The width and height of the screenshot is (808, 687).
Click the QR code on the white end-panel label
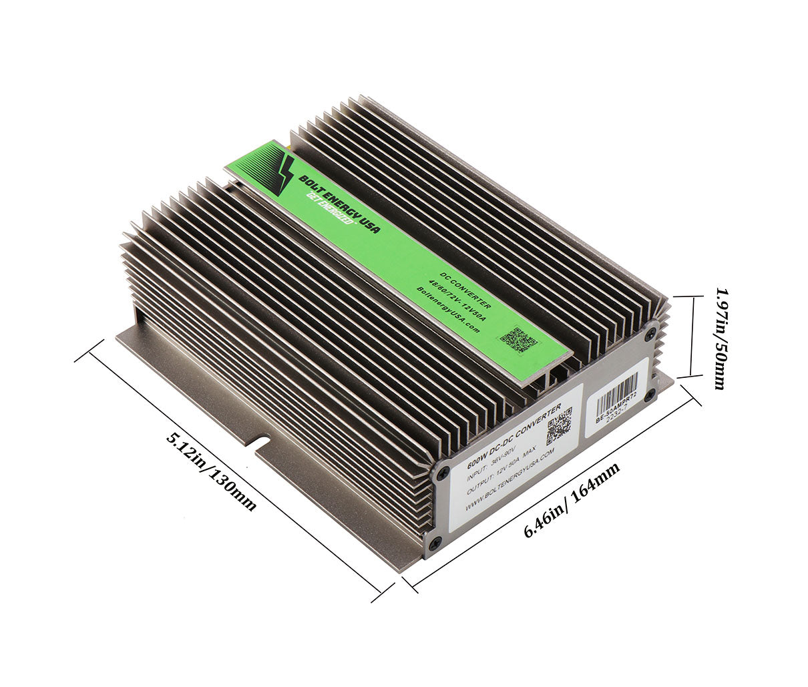(559, 425)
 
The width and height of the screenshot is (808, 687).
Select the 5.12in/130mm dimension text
(211, 471)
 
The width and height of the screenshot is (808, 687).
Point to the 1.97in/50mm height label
(721, 338)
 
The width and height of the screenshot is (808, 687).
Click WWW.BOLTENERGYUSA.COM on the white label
(509, 483)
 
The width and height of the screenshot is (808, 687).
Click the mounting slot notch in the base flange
(260, 442)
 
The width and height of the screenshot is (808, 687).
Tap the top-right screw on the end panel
(652, 328)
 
